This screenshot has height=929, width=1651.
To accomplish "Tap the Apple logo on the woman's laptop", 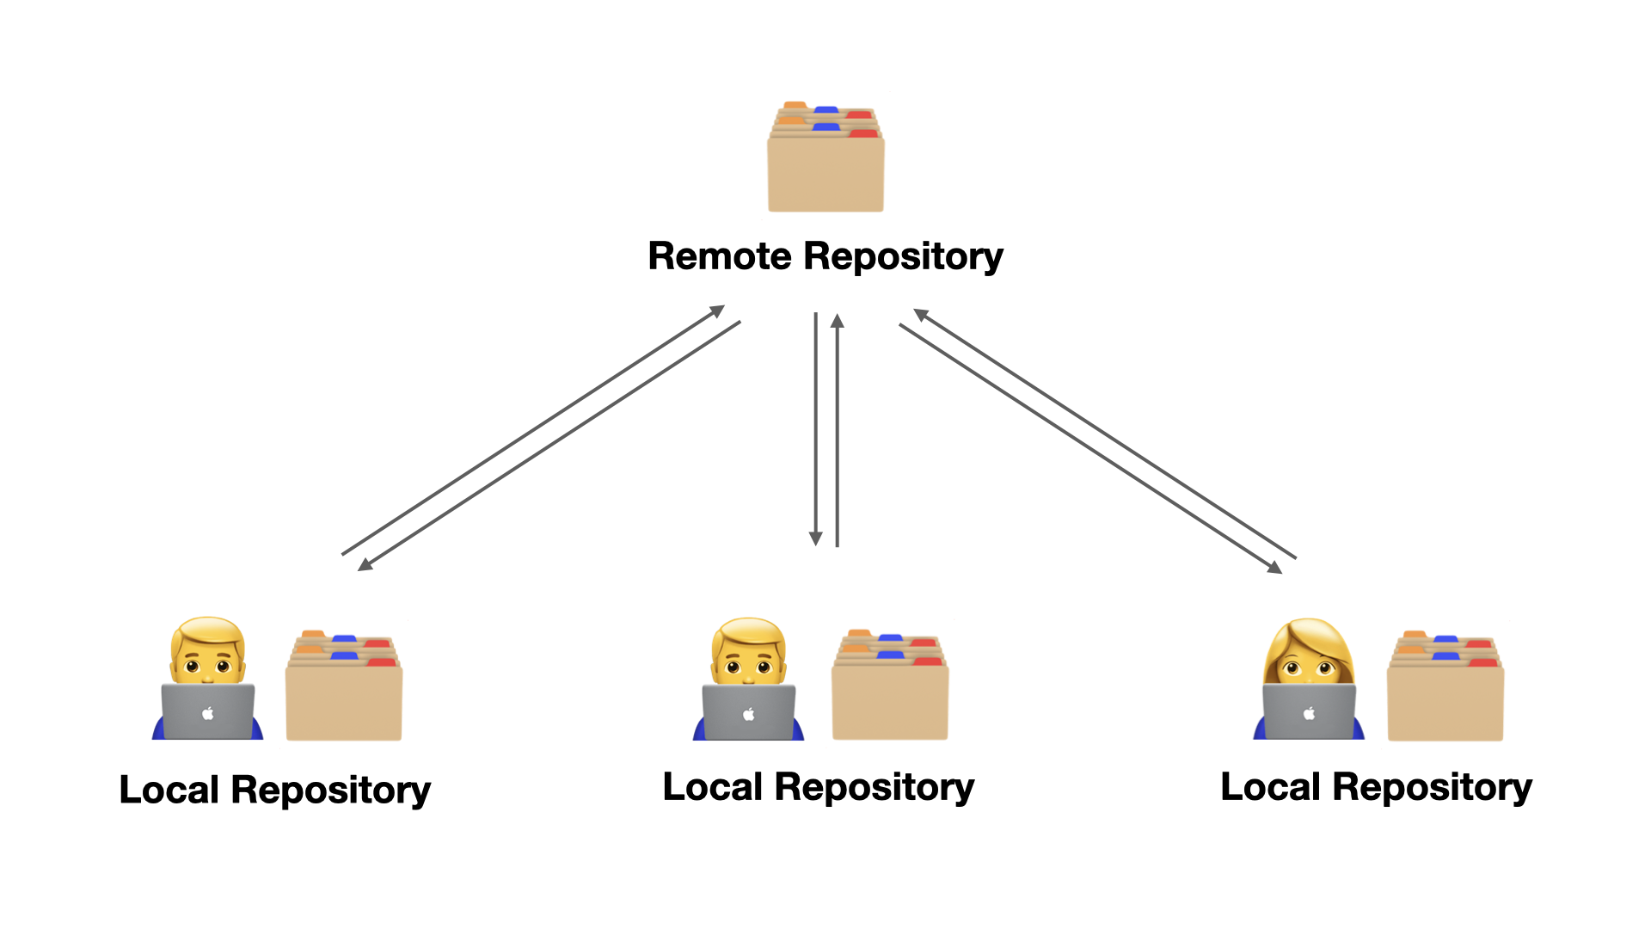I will pyautogui.click(x=1309, y=713).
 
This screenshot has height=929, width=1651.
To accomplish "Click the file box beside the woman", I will pyautogui.click(x=1445, y=688).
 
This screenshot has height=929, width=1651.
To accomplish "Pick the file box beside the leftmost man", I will pyautogui.click(x=344, y=688).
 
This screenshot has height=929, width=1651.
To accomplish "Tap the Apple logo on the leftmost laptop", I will pyautogui.click(x=207, y=713).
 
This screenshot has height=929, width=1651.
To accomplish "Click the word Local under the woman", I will pyautogui.click(x=1270, y=787).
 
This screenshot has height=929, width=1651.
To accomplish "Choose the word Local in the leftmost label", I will pyautogui.click(x=169, y=791).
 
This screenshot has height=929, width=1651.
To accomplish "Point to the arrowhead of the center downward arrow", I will pyautogui.click(x=816, y=539).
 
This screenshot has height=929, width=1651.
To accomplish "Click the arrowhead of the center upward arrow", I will pyautogui.click(x=838, y=321).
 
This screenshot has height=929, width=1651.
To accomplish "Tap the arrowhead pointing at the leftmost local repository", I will pyautogui.click(x=365, y=565).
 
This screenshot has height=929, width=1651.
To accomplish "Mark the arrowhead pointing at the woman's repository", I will pyautogui.click(x=1275, y=568).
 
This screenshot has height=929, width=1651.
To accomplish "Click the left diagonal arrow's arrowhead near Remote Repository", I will pyautogui.click(x=718, y=311).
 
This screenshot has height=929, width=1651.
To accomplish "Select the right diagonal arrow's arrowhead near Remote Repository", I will pyautogui.click(x=920, y=314).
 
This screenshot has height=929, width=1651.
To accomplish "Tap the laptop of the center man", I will pyautogui.click(x=748, y=712).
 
